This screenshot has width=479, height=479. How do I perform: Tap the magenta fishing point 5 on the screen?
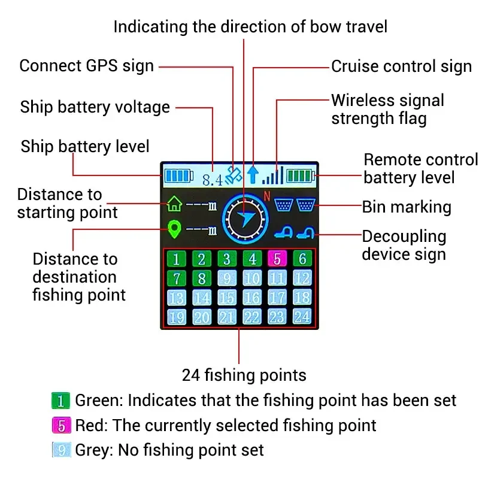[277, 259]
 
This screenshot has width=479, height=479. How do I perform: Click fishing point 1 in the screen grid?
[176, 259]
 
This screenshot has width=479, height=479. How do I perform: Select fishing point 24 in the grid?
[302, 317]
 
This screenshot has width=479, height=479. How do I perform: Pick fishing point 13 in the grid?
[176, 298]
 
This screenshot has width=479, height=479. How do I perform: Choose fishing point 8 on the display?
[202, 278]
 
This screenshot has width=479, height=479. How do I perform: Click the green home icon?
[174, 204]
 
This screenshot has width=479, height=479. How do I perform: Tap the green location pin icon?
[174, 229]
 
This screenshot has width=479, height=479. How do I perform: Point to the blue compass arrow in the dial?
[246, 219]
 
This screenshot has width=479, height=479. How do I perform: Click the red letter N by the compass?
[267, 196]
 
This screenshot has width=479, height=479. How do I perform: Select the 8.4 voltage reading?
[213, 180]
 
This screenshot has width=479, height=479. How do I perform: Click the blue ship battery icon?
[179, 176]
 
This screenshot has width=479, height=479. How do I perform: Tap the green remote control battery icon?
[301, 176]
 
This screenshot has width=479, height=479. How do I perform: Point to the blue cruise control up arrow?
[253, 175]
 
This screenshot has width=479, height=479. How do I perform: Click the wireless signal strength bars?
[273, 175]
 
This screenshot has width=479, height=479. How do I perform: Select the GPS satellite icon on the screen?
[234, 175]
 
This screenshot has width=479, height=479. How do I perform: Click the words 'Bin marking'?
[407, 207]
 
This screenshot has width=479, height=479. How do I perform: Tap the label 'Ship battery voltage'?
[95, 107]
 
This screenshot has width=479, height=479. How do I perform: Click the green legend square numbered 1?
[61, 401]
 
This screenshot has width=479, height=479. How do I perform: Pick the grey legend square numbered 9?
[62, 450]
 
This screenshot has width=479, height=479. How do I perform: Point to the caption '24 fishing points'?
[244, 375]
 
